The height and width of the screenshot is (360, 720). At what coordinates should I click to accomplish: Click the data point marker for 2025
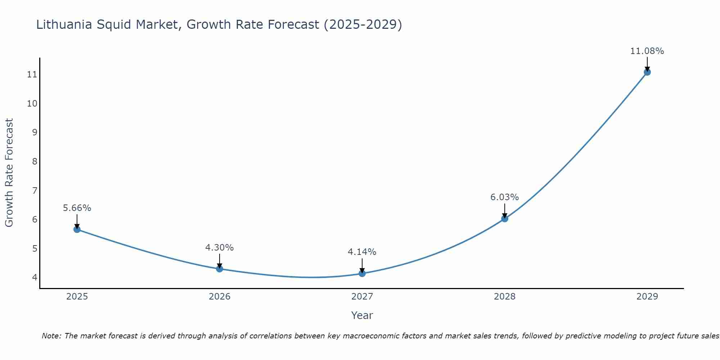(77, 229)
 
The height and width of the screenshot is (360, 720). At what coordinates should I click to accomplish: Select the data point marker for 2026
(220, 269)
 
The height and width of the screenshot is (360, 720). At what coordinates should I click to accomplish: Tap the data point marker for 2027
(362, 273)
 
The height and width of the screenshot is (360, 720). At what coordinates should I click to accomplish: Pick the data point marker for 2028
(505, 219)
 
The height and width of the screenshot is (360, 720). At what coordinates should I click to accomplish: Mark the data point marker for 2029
(647, 72)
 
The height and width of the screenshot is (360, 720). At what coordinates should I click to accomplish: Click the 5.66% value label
(77, 208)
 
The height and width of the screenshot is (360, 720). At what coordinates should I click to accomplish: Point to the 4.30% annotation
(220, 248)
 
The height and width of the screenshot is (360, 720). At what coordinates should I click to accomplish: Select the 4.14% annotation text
(362, 252)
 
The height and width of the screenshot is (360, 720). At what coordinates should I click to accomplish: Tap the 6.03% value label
(505, 197)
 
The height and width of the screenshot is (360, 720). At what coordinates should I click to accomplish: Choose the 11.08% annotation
(647, 51)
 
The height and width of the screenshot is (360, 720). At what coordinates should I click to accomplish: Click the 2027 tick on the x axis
(362, 297)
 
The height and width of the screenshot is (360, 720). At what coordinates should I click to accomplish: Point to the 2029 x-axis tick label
(647, 297)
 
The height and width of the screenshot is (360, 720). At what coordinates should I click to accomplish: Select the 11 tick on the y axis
(32, 75)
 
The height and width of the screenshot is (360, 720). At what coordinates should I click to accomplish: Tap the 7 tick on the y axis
(35, 190)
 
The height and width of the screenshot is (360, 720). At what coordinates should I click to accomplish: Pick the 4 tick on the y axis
(35, 277)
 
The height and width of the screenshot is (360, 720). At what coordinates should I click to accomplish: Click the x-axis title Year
(362, 315)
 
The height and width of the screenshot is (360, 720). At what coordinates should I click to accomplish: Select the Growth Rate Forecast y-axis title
(9, 173)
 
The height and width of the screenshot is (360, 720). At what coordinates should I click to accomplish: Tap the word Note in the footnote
(51, 336)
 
